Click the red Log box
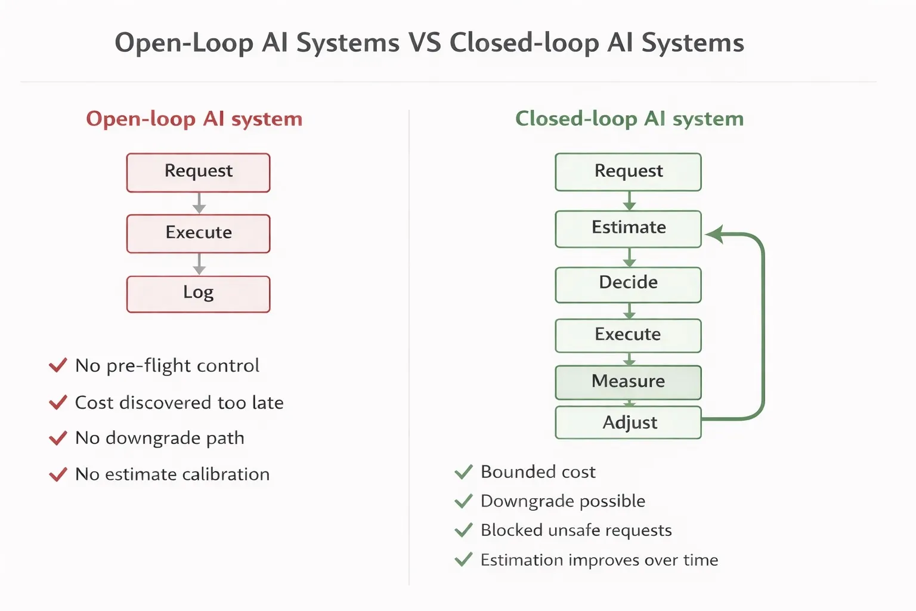click(x=198, y=294)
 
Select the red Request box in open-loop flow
click(x=198, y=172)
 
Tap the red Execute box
click(x=198, y=233)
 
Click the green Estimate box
click(x=628, y=229)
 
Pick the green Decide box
click(x=628, y=284)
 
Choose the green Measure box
click(x=628, y=382)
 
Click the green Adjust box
click(x=628, y=422)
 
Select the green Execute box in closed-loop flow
click(x=628, y=335)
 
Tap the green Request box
click(x=628, y=172)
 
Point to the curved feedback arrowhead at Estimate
click(x=714, y=234)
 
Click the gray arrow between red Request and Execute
click(x=199, y=203)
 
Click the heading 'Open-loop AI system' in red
click(x=194, y=119)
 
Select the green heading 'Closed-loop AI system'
click(x=629, y=119)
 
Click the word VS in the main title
click(x=425, y=43)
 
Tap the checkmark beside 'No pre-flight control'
click(x=58, y=365)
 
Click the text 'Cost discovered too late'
click(x=179, y=403)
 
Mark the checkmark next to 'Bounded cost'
click(x=463, y=472)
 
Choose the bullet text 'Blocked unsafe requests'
click(x=576, y=530)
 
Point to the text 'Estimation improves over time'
click(x=599, y=560)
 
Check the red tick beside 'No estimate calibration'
click(x=58, y=475)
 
